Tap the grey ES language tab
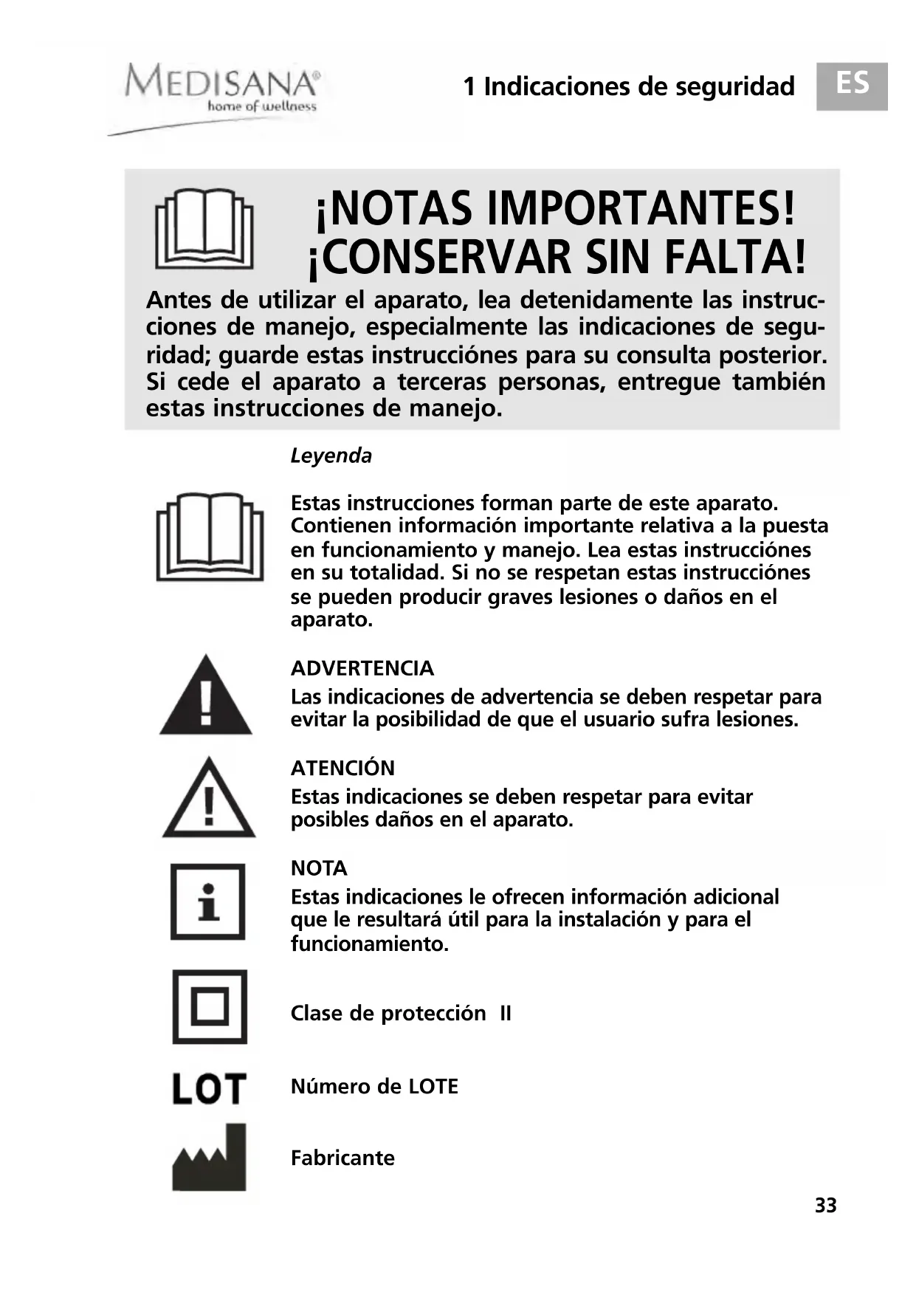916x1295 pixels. [851, 86]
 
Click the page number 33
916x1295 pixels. [825, 1206]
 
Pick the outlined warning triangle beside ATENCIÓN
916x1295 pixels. [209, 799]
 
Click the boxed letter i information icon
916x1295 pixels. [208, 901]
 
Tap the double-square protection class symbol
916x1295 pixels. [210, 1006]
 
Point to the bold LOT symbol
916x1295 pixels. [209, 1088]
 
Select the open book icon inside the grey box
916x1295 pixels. [204, 229]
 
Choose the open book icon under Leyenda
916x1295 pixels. [210, 537]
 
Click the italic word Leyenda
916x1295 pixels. [331, 456]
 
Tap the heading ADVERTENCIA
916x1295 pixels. [362, 668]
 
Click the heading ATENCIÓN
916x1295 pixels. [342, 768]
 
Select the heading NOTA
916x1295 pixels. [319, 868]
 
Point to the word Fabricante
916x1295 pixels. [342, 1158]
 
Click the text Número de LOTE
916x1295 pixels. [374, 1087]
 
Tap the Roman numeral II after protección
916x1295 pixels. [505, 1013]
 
